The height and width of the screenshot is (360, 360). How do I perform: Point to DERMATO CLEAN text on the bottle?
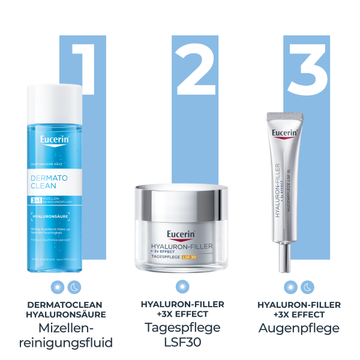50,182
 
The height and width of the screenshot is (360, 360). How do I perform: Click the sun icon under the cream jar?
182,287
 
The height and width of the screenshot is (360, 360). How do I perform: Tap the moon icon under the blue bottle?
74,287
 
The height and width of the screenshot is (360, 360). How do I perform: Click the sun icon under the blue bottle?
58,287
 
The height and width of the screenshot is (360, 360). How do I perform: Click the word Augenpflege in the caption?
299,328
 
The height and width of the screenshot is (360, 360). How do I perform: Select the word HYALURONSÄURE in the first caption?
66,314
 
